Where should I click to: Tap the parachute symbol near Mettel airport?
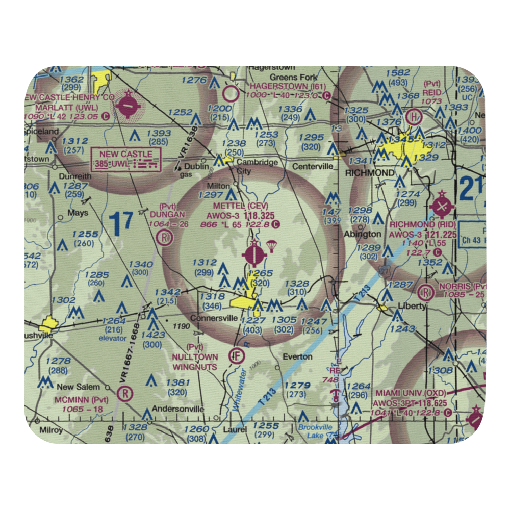pyautogui.click(x=272, y=246)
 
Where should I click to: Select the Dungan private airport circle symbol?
pyautogui.click(x=164, y=237)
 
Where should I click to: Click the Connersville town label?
pyautogui.click(x=214, y=318)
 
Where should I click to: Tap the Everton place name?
pyautogui.click(x=297, y=356)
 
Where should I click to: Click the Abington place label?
pyautogui.click(x=363, y=234)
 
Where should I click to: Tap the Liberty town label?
pyautogui.click(x=413, y=306)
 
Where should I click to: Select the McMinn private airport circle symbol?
pyautogui.click(x=124, y=393)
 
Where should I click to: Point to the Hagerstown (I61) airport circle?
pyautogui.click(x=231, y=93)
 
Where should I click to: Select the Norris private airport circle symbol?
pyautogui.click(x=425, y=292)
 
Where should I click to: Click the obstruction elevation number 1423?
pyautogui.click(x=153, y=335)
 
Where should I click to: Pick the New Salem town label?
pyautogui.click(x=79, y=387)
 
